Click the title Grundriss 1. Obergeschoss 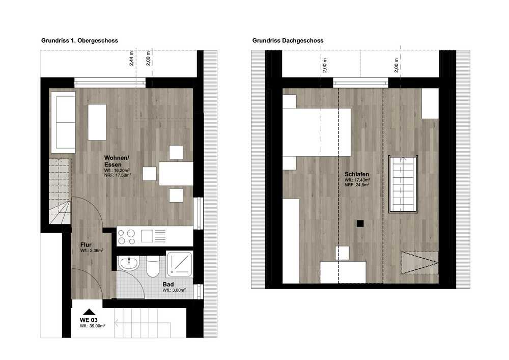79,41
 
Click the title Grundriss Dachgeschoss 288,41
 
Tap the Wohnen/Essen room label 117,161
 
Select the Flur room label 86,244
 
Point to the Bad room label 168,284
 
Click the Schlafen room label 357,174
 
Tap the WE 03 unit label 89,320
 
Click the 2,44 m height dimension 131,59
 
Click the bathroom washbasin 129,263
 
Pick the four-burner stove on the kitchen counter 127,237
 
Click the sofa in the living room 63,122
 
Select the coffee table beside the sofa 97,122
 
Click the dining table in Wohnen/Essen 176,174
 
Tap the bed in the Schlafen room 317,132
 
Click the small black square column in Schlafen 360,224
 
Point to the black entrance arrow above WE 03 89,312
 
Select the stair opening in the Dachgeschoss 403,184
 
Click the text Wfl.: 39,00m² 93,325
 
